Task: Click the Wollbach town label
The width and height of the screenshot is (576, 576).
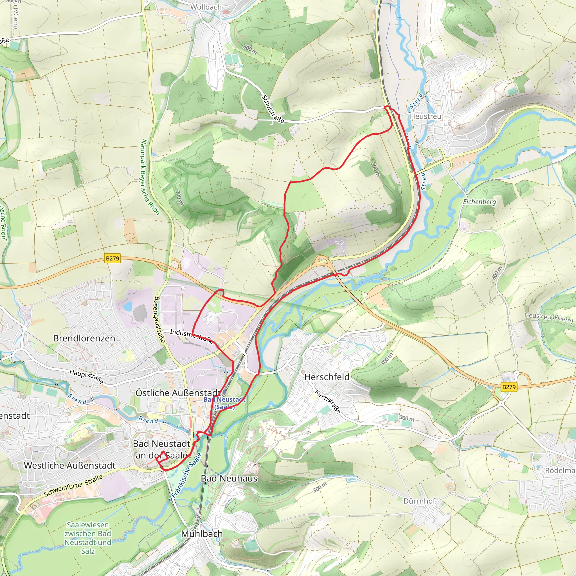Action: click(206, 7)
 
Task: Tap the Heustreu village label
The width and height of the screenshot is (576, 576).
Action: click(426, 116)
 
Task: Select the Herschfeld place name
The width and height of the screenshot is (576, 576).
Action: click(327, 377)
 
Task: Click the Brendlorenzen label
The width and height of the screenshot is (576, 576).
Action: click(84, 338)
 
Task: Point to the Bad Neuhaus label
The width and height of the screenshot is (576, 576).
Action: click(229, 478)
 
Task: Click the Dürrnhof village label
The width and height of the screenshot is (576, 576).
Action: click(419, 501)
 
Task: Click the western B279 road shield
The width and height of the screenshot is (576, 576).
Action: click(113, 258)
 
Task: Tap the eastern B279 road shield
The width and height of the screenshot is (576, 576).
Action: click(508, 387)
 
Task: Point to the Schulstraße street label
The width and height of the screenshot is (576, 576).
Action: click(273, 109)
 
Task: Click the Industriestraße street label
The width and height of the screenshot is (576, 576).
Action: click(191, 336)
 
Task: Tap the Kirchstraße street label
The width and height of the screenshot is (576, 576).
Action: click(328, 402)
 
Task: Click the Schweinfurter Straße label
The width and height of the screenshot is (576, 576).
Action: click(73, 485)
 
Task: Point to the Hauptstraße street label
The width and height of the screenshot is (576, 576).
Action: click(86, 376)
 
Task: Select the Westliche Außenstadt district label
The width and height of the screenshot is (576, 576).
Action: click(69, 465)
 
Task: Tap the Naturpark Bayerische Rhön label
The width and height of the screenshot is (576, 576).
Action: click(150, 177)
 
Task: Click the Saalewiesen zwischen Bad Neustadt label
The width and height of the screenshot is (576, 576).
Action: click(88, 537)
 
